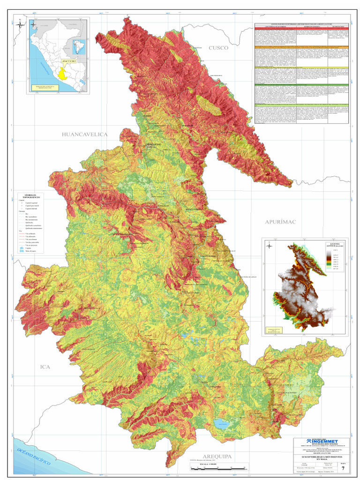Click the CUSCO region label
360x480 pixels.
tap(218, 48)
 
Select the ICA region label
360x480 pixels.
tap(45, 367)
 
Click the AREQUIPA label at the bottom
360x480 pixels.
tap(217, 456)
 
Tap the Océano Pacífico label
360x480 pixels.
tap(32, 455)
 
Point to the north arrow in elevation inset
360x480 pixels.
tap(269, 245)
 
